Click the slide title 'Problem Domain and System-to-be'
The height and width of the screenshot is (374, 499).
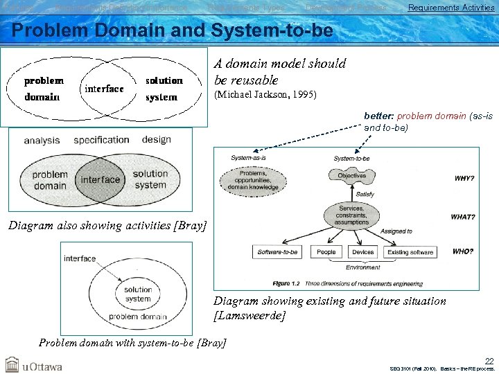point(173,31)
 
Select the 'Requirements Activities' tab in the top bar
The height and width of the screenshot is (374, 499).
point(450,8)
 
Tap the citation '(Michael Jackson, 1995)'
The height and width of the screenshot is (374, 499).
point(265,95)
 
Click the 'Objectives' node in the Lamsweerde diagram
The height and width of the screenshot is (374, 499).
point(352,176)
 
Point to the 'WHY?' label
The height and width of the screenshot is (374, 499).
point(464,179)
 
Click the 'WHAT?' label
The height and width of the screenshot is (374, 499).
point(463,217)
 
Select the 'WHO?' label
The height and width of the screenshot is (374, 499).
point(464,251)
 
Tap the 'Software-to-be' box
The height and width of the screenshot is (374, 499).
point(278,252)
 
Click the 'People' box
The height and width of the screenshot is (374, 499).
point(326,252)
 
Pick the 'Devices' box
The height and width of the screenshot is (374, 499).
point(362,252)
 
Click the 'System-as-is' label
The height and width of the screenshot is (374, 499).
point(249,158)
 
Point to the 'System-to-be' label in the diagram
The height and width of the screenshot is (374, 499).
point(351,159)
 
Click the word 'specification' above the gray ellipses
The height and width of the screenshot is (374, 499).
point(101,140)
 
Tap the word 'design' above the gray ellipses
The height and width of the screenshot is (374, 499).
point(156,139)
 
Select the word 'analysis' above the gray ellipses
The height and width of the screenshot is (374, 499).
point(42,141)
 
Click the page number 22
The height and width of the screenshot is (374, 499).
point(489,361)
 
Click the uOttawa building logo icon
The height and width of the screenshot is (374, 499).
point(12,364)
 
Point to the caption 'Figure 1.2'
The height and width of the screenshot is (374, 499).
point(286,283)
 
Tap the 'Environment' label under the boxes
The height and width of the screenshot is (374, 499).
point(362,267)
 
